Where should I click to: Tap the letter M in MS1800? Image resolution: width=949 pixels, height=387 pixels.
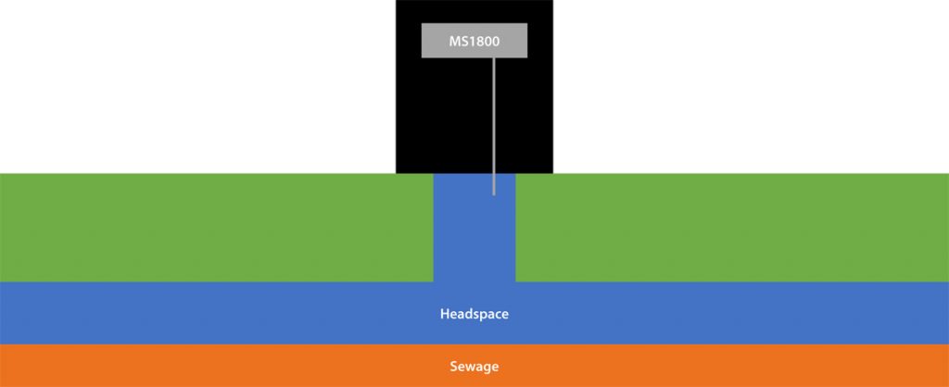tap(454, 42)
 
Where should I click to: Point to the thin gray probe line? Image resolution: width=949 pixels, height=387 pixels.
tap(494, 120)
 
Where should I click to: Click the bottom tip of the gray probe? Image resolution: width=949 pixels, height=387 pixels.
tap(494, 193)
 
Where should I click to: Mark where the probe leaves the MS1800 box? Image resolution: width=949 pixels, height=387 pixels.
tap(494, 58)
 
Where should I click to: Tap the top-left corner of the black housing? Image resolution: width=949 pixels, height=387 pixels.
tap(397, 1)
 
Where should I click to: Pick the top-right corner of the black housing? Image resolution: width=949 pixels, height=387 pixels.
tap(552, 1)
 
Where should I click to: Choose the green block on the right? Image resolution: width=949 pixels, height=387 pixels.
tap(732, 227)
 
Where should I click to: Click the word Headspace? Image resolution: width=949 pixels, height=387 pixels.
tap(474, 315)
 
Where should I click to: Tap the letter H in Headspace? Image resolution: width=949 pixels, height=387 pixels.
tap(445, 315)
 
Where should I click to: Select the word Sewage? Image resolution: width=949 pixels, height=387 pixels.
tap(474, 367)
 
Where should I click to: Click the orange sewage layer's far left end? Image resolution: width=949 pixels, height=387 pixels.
tap(4, 366)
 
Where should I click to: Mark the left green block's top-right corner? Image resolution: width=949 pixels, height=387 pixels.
tap(433, 174)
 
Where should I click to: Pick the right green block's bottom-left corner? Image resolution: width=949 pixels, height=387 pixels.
tap(516, 281)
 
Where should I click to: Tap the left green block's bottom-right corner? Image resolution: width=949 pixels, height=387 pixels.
tap(433, 281)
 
